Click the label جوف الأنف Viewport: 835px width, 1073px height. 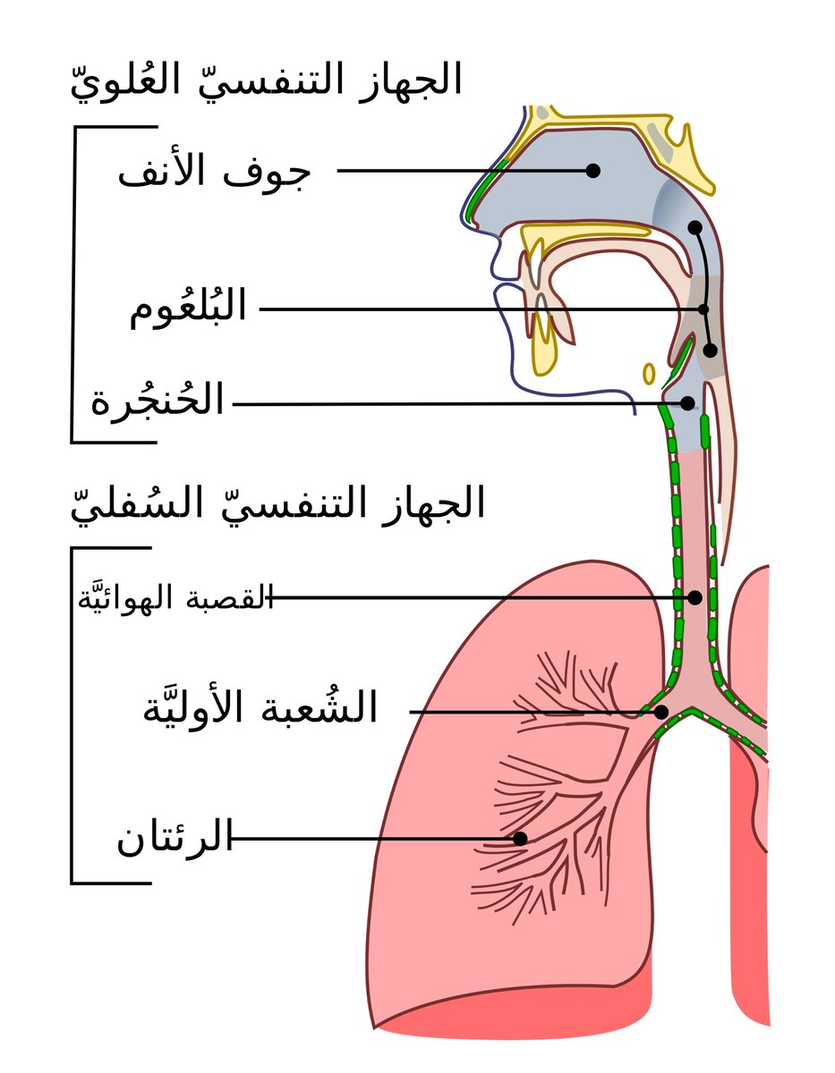point(213,172)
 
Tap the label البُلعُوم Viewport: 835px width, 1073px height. point(188,309)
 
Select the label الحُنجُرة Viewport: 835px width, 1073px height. point(158,402)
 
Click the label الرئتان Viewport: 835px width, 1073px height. point(174,840)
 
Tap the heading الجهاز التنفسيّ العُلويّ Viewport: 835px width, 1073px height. point(266,80)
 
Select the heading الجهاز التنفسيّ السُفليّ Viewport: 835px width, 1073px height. point(277,503)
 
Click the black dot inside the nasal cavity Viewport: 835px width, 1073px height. point(592,171)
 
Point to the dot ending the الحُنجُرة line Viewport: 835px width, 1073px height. point(687,403)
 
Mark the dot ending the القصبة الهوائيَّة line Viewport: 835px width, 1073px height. point(694,597)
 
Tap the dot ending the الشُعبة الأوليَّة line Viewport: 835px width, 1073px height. point(661,713)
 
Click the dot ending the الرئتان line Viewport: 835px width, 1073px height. point(519,839)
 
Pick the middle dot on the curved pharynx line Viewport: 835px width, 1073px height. point(703,309)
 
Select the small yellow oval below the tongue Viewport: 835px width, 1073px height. point(649,372)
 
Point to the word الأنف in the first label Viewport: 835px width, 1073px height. point(169,172)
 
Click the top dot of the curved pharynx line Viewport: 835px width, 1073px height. point(694,227)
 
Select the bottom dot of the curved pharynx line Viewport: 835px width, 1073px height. point(710,351)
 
